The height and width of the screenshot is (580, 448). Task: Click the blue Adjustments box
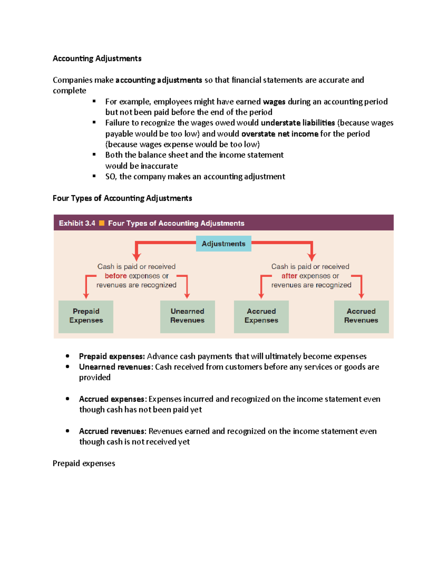coord(223,244)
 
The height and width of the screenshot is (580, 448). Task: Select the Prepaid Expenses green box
coord(86,316)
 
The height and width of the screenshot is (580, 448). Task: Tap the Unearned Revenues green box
coord(187,316)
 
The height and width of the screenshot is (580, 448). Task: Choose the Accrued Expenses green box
coord(261,316)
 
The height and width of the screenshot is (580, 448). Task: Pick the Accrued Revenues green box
coord(361,316)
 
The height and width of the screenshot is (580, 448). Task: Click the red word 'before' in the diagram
coord(116,276)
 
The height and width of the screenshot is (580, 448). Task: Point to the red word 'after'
coord(289,276)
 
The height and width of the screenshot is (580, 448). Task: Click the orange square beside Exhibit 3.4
coord(102,223)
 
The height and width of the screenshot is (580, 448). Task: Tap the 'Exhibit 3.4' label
coord(77,223)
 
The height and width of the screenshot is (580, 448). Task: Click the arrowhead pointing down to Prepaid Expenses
coord(86,296)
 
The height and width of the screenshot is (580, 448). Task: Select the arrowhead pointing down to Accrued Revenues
coord(361,296)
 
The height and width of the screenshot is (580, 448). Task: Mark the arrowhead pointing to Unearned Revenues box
coord(187,296)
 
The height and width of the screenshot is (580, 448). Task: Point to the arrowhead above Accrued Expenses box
coord(261,296)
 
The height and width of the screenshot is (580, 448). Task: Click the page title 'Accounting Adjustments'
coord(97,59)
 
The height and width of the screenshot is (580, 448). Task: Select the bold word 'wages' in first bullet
coord(274,102)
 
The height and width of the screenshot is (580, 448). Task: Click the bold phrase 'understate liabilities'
coord(298,123)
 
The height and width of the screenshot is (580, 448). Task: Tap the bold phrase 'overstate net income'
coord(280,134)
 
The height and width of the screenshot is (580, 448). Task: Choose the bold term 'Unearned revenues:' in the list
coord(116,367)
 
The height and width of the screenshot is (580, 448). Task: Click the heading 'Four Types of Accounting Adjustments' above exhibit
coord(122,198)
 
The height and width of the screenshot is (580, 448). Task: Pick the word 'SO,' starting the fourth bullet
coord(111,177)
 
